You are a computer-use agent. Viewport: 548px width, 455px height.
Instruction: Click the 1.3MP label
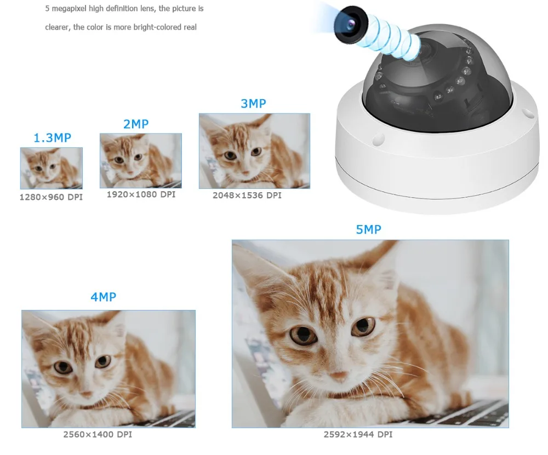pyautogui.click(x=52, y=137)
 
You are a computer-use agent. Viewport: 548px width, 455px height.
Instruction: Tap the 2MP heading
pyautogui.click(x=136, y=124)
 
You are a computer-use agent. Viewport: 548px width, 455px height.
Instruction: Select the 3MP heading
pyautogui.click(x=253, y=103)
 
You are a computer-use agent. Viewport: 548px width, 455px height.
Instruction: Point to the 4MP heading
pyautogui.click(x=104, y=297)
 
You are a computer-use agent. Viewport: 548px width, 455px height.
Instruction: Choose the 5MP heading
pyautogui.click(x=369, y=229)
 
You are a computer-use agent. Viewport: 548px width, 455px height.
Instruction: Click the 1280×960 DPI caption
pyautogui.click(x=51, y=197)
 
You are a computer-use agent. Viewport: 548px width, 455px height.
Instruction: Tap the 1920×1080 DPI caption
pyautogui.click(x=141, y=194)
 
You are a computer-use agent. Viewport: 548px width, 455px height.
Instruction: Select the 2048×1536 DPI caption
pyautogui.click(x=247, y=195)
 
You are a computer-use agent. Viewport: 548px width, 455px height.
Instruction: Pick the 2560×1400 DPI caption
pyautogui.click(x=98, y=434)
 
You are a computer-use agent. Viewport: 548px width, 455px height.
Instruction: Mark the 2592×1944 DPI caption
pyautogui.click(x=358, y=434)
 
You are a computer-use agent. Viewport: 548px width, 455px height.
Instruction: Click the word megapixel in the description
pyautogui.click(x=68, y=8)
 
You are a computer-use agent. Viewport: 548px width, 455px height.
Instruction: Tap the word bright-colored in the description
pyautogui.click(x=157, y=27)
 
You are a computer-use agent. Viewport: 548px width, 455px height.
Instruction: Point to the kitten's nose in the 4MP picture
pyautogui.click(x=85, y=394)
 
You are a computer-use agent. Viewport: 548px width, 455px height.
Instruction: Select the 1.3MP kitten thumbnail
pyautogui.click(x=52, y=168)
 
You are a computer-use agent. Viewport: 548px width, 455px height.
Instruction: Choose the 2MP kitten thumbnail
pyautogui.click(x=141, y=160)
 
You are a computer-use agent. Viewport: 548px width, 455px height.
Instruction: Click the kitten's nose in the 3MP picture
pyautogui.click(x=245, y=172)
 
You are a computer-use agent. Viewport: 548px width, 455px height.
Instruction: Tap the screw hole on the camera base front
pyautogui.click(x=379, y=139)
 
